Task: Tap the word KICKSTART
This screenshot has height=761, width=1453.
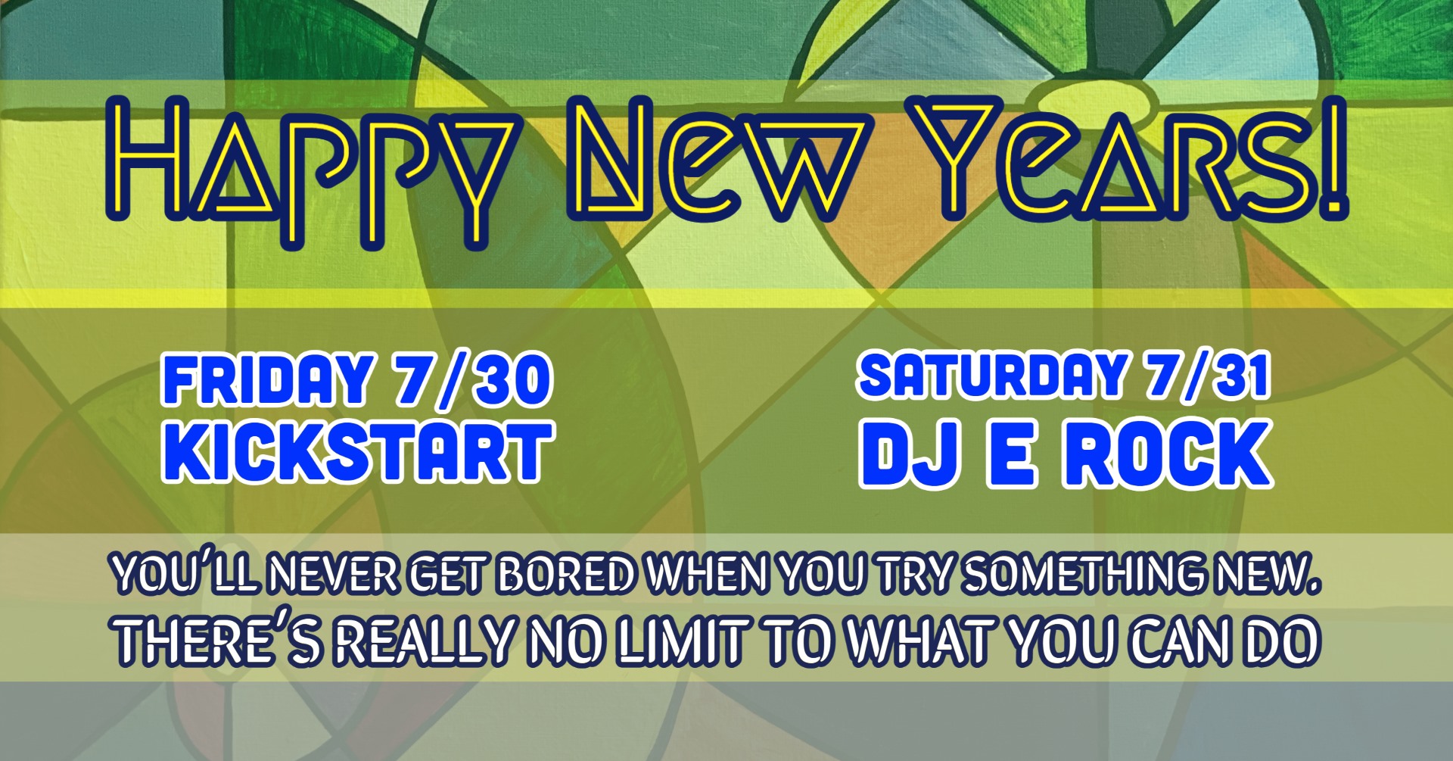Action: (x=357, y=452)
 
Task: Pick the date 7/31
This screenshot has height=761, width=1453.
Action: (x=1207, y=376)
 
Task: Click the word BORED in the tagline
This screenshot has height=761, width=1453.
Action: (x=565, y=575)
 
